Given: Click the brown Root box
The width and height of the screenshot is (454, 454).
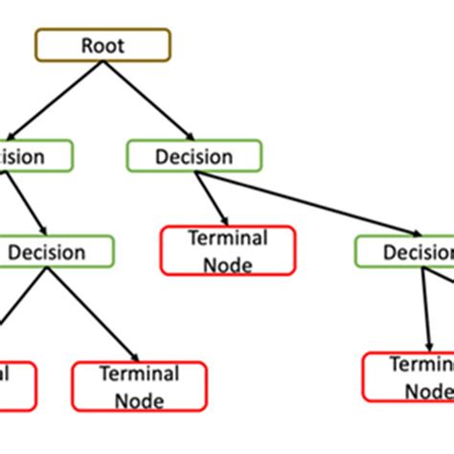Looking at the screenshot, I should pyautogui.click(x=102, y=45).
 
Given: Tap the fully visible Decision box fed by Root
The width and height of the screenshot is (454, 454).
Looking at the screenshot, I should pyautogui.click(x=194, y=155).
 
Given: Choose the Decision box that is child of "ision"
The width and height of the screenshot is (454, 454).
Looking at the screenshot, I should pyautogui.click(x=57, y=253).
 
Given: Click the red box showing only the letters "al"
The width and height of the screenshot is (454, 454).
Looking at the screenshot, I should pyautogui.click(x=16, y=385).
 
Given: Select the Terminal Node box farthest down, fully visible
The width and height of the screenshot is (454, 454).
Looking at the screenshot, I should pyautogui.click(x=139, y=386).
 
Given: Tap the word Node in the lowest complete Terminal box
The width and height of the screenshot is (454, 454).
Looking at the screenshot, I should pyautogui.click(x=139, y=397).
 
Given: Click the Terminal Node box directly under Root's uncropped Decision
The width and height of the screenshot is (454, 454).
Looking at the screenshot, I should pyautogui.click(x=228, y=251).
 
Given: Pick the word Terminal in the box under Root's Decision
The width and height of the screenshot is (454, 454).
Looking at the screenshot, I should pyautogui.click(x=228, y=238).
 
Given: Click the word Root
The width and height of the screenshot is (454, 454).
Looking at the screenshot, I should pyautogui.click(x=102, y=45).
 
